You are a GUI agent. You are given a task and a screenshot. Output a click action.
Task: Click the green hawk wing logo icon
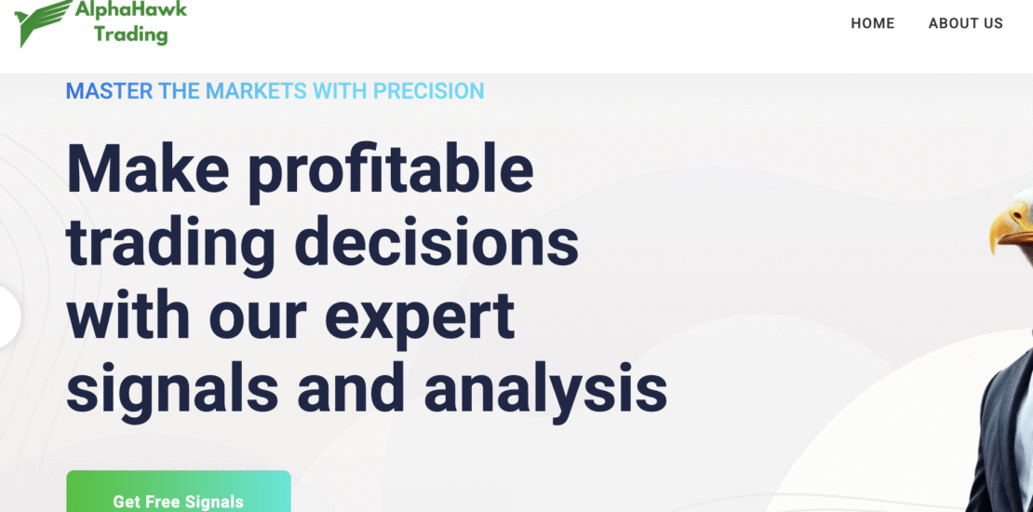click(43, 22)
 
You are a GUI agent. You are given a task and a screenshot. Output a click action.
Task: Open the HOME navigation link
click(872, 23)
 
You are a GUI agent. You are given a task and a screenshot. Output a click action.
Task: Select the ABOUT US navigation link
click(965, 23)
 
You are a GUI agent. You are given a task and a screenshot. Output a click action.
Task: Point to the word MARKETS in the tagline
click(256, 91)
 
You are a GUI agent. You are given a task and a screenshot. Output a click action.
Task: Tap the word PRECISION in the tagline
click(428, 91)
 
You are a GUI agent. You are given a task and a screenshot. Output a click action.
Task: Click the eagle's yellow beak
click(1011, 229)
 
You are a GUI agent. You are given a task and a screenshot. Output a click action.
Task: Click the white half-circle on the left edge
click(9, 317)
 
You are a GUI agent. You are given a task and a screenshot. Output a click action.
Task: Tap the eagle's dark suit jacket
click(1005, 438)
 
